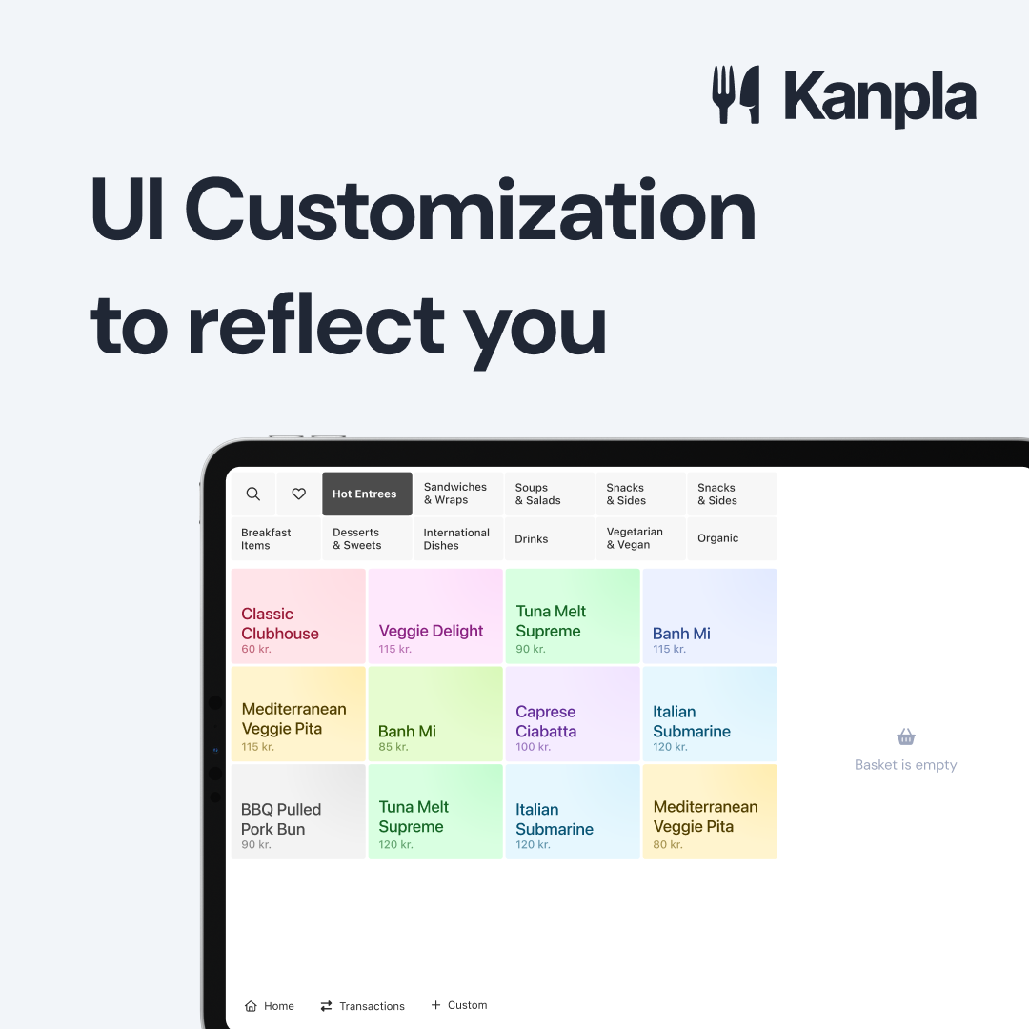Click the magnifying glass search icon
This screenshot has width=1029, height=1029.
click(x=253, y=494)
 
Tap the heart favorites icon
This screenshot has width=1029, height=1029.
click(x=298, y=494)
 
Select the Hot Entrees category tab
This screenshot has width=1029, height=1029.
click(x=367, y=494)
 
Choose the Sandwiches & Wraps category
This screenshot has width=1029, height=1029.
click(x=458, y=494)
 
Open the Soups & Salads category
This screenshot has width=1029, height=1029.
click(x=550, y=494)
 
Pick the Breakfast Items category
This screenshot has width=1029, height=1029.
click(x=275, y=538)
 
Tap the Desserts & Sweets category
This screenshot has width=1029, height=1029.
click(x=367, y=538)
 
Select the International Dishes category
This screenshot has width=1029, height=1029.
click(x=458, y=538)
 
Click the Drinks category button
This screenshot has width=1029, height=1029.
click(x=550, y=538)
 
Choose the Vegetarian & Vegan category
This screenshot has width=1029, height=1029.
click(x=640, y=538)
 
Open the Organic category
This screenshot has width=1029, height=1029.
click(x=732, y=538)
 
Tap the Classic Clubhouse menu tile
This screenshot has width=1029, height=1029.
click(x=298, y=616)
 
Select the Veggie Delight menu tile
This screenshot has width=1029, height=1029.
click(x=435, y=616)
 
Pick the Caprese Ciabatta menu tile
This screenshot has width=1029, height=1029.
click(x=573, y=714)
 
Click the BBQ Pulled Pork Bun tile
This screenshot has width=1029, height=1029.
click(x=298, y=812)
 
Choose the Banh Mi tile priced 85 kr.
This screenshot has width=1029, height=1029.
click(x=435, y=714)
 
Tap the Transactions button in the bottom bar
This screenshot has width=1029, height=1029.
click(x=362, y=1006)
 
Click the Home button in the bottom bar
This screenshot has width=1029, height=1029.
click(x=269, y=1006)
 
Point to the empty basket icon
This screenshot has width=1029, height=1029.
click(x=906, y=736)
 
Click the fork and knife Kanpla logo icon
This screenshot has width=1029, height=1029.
click(x=736, y=94)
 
